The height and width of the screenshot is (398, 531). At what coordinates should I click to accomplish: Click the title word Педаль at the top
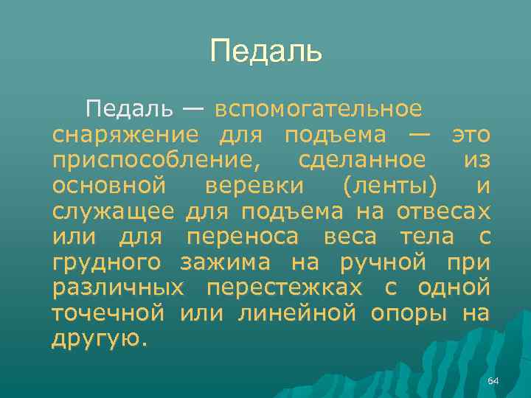265,51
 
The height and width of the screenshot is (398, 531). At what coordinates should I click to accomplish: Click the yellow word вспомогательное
319,109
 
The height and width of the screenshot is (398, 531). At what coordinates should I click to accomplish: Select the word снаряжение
125,134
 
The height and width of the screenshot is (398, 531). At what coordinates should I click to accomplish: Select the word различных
118,287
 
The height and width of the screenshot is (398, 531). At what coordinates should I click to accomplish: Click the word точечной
108,313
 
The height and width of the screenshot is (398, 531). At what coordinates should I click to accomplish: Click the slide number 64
493,380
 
